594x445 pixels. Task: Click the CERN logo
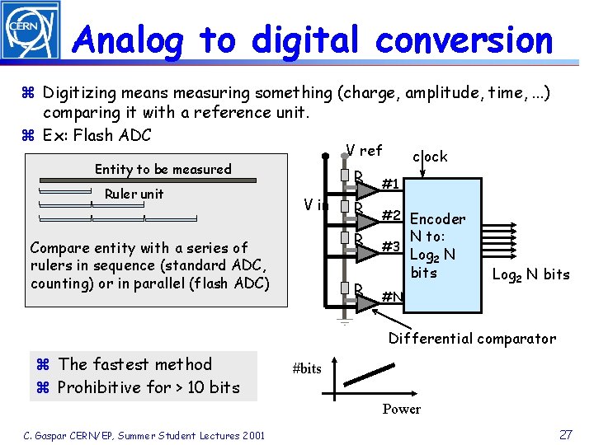coord(30,30)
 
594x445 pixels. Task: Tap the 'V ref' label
coord(364,151)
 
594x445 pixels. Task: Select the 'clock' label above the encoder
coord(430,157)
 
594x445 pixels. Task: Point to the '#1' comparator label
coord(391,183)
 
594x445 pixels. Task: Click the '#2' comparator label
coord(391,216)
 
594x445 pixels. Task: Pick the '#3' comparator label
coord(391,247)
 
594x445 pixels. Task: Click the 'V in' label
coord(316,205)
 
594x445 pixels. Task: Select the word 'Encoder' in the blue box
coord(437,219)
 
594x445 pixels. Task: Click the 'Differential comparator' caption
coord(472,339)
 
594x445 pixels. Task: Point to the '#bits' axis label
coord(307,369)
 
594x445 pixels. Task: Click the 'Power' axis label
coord(401,410)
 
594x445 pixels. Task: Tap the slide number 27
coord(566,434)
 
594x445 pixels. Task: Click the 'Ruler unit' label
coord(134,194)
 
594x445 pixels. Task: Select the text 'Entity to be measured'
coord(163,169)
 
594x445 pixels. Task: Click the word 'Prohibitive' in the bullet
coord(103,387)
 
